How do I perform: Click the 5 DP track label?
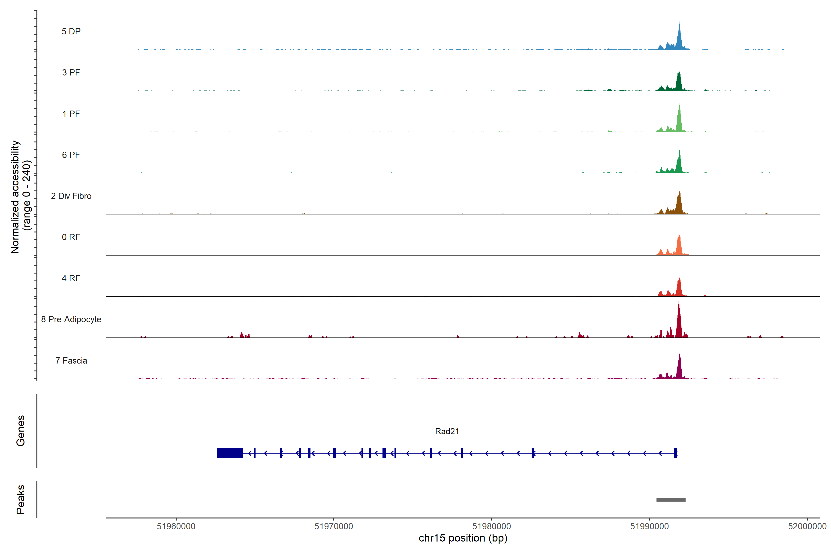click(71, 31)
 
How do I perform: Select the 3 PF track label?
click(71, 72)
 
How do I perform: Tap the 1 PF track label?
click(71, 114)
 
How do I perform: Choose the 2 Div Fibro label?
click(71, 196)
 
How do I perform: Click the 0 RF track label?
click(71, 237)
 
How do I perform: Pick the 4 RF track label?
click(71, 278)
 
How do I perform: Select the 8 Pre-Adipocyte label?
click(71, 319)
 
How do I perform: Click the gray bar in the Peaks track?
click(671, 500)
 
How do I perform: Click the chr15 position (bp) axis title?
click(463, 538)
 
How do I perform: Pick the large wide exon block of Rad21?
click(230, 453)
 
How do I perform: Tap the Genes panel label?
click(21, 431)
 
